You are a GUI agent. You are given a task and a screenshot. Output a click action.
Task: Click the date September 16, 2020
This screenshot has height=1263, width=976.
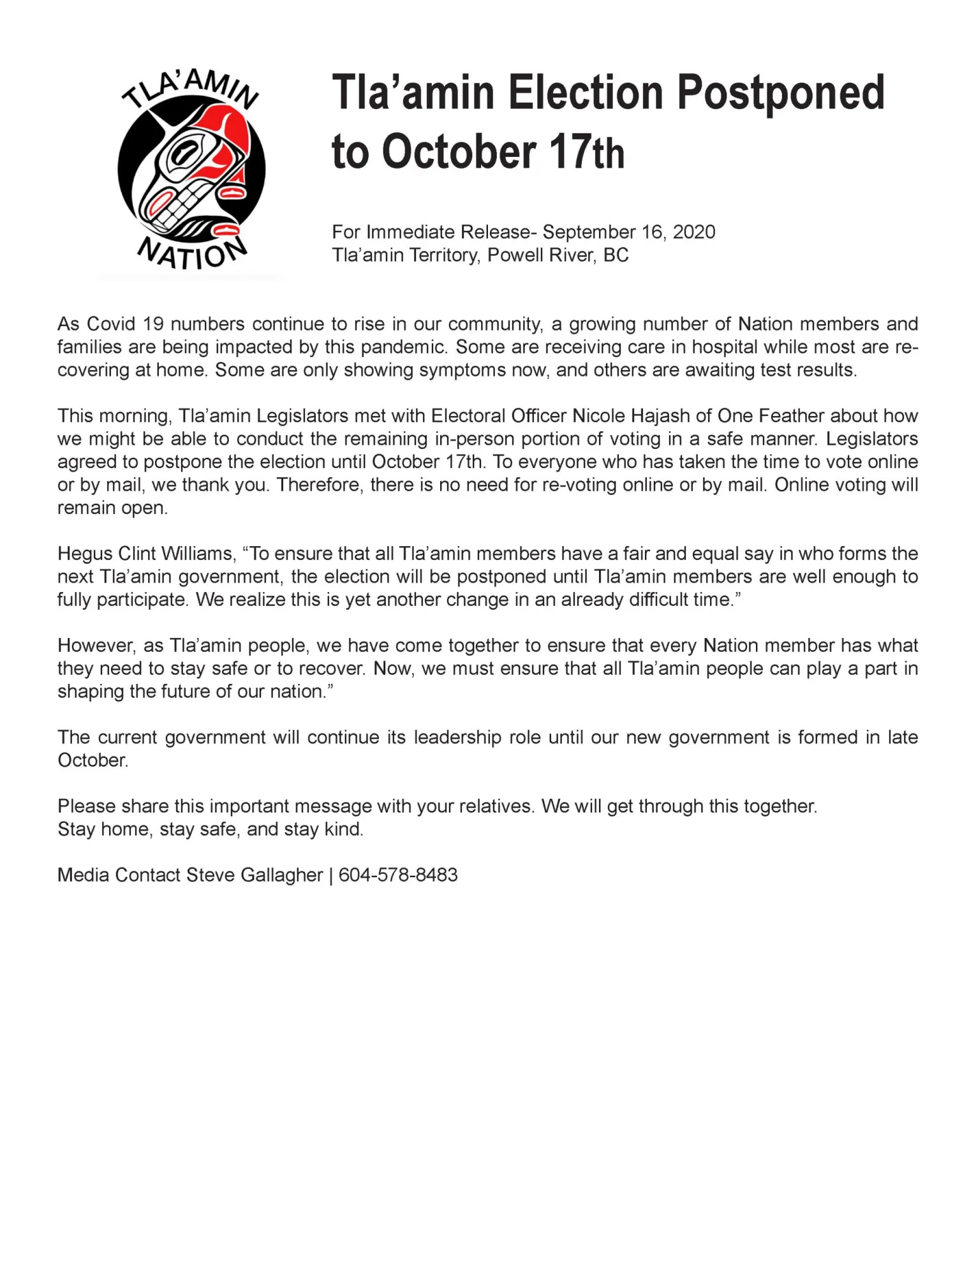tap(628, 232)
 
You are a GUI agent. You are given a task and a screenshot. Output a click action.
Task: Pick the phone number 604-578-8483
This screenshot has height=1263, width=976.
tap(398, 875)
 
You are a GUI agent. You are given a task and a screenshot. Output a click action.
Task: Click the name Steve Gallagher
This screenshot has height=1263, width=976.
tap(255, 875)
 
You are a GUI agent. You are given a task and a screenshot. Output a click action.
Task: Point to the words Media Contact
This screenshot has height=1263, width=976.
tap(119, 875)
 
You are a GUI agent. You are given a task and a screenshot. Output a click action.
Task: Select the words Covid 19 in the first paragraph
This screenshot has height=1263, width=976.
tap(125, 324)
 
